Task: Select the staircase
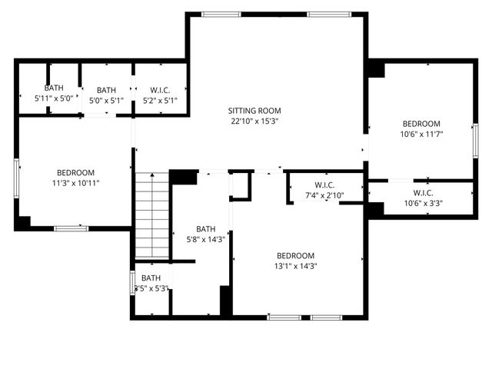click(x=152, y=215)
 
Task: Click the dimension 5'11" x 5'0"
click(x=54, y=99)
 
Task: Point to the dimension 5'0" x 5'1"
click(x=106, y=99)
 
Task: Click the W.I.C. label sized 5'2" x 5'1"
click(x=160, y=89)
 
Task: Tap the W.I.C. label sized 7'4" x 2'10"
click(x=324, y=184)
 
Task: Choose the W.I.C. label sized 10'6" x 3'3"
click(x=423, y=193)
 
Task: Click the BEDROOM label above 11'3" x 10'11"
click(x=75, y=172)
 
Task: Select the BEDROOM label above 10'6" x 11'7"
click(x=421, y=124)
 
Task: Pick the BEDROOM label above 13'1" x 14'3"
click(x=296, y=255)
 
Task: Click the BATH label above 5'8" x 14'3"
click(x=205, y=228)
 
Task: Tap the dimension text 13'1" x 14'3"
click(x=296, y=266)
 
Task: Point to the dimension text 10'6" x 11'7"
click(x=421, y=134)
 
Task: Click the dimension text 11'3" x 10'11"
click(x=75, y=183)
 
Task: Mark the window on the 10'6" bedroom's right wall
click(x=475, y=141)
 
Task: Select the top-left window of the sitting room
click(x=221, y=14)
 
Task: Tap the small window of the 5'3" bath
click(x=132, y=284)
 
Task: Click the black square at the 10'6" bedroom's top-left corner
click(x=376, y=68)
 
